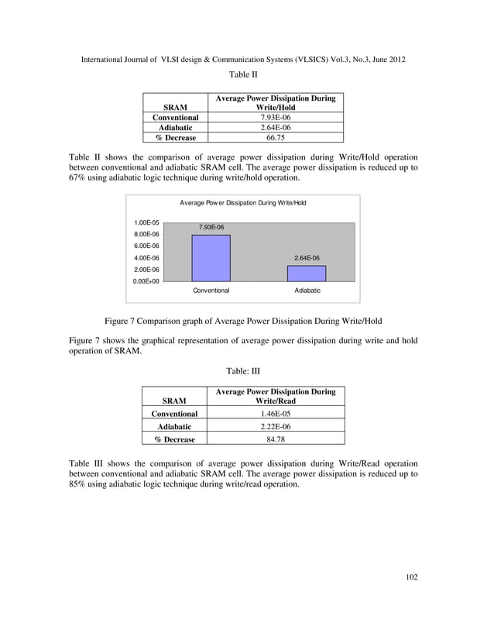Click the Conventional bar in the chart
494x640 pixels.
(x=211, y=257)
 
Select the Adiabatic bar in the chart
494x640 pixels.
(x=306, y=273)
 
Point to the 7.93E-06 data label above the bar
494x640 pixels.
(x=211, y=227)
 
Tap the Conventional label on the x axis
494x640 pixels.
(x=211, y=291)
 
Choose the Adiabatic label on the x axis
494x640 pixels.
(x=307, y=291)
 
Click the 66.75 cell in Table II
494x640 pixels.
(x=275, y=138)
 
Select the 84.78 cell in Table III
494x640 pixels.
(x=275, y=439)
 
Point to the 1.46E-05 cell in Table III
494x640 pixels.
(x=275, y=414)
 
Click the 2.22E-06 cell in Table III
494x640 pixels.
(x=275, y=426)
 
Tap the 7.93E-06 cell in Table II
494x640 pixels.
(x=275, y=118)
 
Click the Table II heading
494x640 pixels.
(x=243, y=75)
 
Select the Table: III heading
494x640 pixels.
(x=243, y=372)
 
